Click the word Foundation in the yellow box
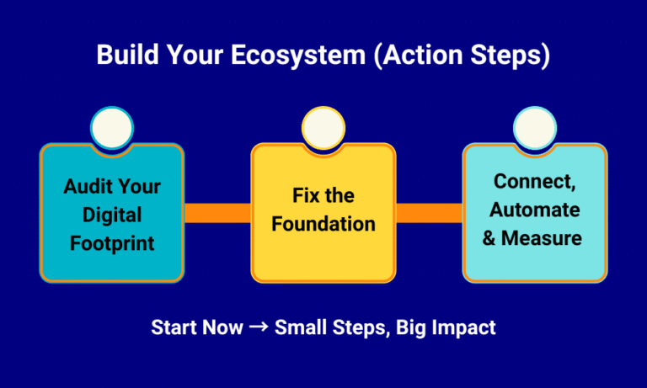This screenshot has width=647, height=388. pos(323,225)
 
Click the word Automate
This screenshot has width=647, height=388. pos(535,210)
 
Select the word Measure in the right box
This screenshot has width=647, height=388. pos(542,238)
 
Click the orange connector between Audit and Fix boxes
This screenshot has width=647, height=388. pos(217,213)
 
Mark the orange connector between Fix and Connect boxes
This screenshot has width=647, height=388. pos(429,213)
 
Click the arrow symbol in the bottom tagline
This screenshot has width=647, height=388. pos(258,327)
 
